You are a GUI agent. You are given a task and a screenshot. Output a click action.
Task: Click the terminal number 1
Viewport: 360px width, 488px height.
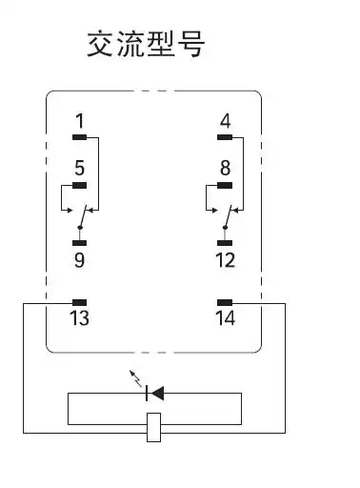point(80,120)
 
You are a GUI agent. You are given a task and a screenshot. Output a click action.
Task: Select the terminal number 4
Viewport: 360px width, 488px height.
point(225,120)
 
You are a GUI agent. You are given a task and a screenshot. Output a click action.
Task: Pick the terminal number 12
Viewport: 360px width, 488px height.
point(225,258)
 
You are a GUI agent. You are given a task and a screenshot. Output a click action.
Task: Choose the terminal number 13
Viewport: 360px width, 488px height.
point(80,317)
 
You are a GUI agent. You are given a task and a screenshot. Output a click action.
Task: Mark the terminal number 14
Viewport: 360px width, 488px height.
point(225,317)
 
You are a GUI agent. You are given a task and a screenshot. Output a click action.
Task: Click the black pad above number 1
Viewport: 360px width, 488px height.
point(80,135)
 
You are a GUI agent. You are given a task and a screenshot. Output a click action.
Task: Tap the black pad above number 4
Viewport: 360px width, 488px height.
point(225,135)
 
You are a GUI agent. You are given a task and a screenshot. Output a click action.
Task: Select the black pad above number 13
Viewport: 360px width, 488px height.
point(80,302)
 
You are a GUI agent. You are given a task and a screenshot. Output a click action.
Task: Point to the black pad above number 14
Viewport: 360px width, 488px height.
point(225,302)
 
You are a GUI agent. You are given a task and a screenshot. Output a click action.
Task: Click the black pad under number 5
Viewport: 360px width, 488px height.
point(80,185)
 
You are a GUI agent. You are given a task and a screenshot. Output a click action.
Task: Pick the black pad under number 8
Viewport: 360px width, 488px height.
point(225,185)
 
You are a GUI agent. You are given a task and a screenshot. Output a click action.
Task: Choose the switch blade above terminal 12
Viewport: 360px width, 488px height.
point(228,216)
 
